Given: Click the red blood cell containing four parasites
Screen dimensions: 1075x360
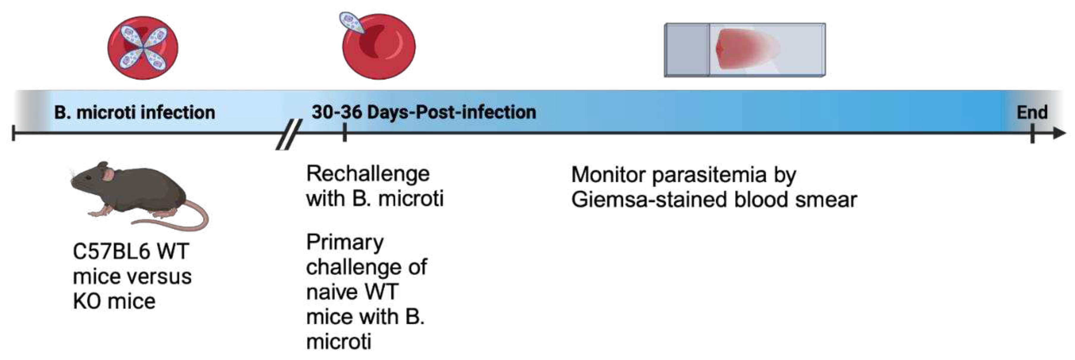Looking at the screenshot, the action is click(143, 48).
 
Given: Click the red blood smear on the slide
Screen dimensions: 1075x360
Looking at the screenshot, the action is click(747, 49).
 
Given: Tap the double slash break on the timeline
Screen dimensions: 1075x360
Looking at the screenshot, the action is click(289, 134).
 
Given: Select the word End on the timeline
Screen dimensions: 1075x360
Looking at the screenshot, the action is click(1032, 112).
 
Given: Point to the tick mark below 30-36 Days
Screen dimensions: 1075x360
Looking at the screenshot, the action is click(344, 133).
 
